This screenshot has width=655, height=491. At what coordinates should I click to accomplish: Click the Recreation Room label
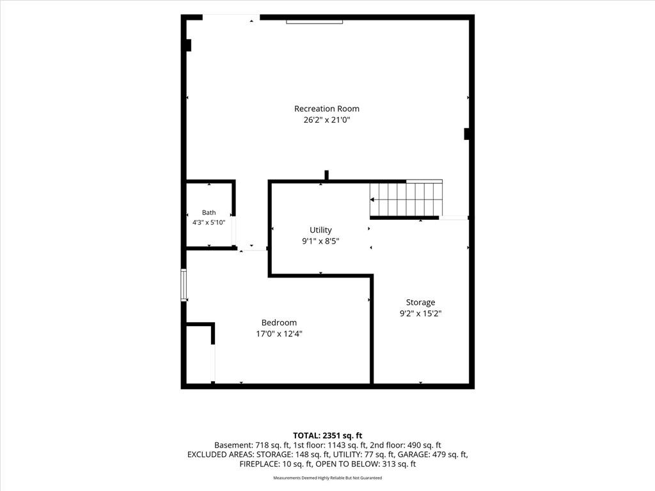327,109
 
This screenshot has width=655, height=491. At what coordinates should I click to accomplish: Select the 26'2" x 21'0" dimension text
327,120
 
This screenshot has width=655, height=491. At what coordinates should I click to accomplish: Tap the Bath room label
209,212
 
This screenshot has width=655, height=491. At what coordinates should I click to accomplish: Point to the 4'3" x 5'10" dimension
209,222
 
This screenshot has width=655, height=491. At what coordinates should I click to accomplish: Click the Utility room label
321,230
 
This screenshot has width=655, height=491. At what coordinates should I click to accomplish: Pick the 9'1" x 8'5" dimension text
321,241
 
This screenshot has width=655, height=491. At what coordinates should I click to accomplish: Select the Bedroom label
279,323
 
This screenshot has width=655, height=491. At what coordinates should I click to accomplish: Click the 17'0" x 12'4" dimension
279,334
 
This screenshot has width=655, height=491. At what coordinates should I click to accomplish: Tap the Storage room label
421,302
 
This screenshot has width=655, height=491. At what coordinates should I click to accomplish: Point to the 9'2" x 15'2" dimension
421,313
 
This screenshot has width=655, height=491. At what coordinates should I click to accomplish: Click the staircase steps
406,199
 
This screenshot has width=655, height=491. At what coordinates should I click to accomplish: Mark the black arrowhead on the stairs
372,199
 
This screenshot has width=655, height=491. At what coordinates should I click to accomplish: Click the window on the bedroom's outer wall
184,284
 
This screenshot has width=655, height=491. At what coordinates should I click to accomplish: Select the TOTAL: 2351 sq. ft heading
327,436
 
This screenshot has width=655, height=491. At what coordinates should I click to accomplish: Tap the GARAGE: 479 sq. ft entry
433,455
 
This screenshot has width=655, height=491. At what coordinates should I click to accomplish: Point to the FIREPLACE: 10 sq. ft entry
276,464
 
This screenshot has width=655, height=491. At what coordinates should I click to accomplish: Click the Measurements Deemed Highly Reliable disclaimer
327,478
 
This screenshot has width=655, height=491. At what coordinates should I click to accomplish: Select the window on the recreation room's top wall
315,22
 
